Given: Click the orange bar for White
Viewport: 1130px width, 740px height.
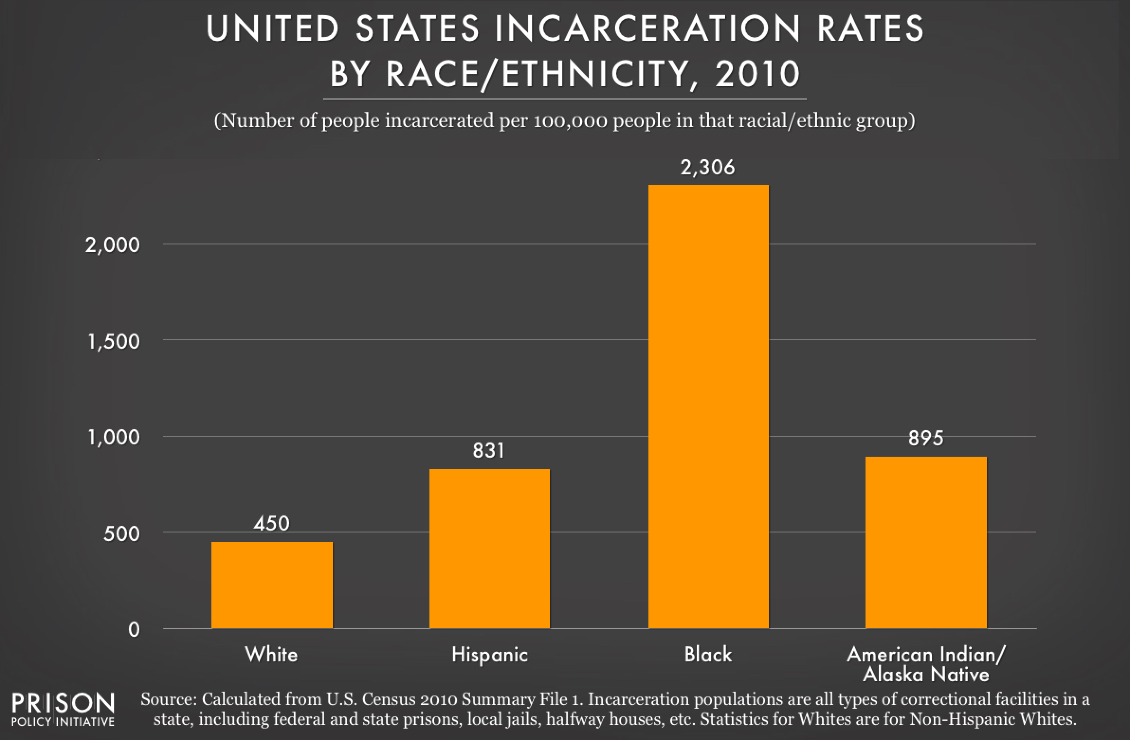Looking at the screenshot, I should (x=272, y=585).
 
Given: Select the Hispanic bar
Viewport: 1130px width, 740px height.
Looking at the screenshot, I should (x=490, y=548).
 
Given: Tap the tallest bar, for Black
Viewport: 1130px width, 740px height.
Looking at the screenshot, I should (x=709, y=406).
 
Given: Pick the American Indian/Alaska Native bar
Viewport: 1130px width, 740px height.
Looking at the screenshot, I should (x=926, y=542).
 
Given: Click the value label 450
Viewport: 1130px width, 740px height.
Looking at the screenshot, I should (x=272, y=523).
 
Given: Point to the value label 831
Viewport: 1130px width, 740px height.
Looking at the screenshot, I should (x=489, y=451).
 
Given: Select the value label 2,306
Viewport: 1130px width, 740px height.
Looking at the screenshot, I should (x=708, y=168).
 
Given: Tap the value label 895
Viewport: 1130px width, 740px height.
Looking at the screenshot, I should (x=926, y=438).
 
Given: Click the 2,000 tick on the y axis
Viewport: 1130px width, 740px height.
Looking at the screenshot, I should (x=112, y=245).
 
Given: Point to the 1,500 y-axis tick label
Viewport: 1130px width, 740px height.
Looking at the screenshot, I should (x=113, y=342).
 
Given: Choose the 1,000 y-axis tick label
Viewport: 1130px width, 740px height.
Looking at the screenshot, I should (x=113, y=438).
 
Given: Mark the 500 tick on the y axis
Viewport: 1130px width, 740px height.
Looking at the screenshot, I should (x=121, y=534).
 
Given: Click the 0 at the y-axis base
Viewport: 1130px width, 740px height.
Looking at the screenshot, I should (x=134, y=630).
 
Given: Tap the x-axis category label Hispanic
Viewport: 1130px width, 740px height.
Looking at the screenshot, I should (x=490, y=655).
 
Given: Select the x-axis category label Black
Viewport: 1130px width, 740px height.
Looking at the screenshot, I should (x=708, y=655).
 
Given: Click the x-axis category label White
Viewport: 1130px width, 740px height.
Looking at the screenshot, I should (x=271, y=655).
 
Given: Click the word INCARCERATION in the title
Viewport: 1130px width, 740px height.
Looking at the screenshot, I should (x=647, y=28).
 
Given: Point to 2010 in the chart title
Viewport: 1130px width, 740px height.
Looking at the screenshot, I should (x=758, y=74).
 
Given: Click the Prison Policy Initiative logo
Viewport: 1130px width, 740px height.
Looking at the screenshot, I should (x=63, y=709).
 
